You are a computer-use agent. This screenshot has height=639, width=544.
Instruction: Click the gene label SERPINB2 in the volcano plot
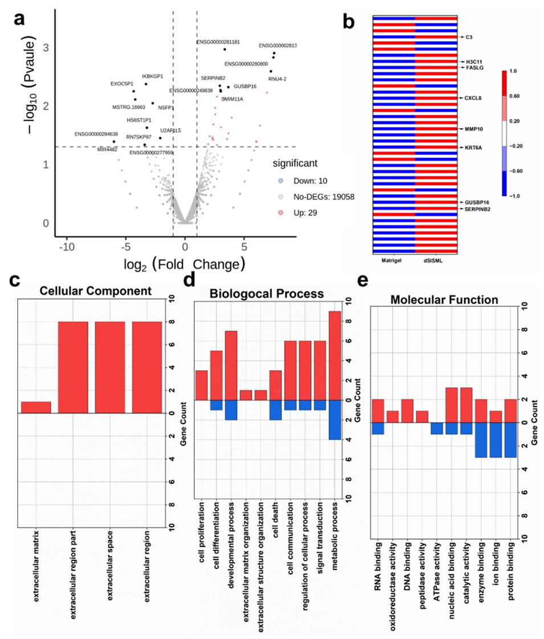tap(213, 77)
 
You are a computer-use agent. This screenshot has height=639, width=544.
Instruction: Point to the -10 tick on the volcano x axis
tap(67, 247)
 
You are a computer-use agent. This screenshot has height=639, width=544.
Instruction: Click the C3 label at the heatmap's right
tap(469, 37)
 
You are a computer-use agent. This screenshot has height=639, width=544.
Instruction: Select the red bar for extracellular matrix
tap(35, 407)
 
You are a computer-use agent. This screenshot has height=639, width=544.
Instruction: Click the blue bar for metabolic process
tap(334, 419)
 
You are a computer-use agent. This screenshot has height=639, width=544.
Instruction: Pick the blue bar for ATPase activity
tap(436, 428)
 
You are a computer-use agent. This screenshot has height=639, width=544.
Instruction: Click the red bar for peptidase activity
tap(422, 416)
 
